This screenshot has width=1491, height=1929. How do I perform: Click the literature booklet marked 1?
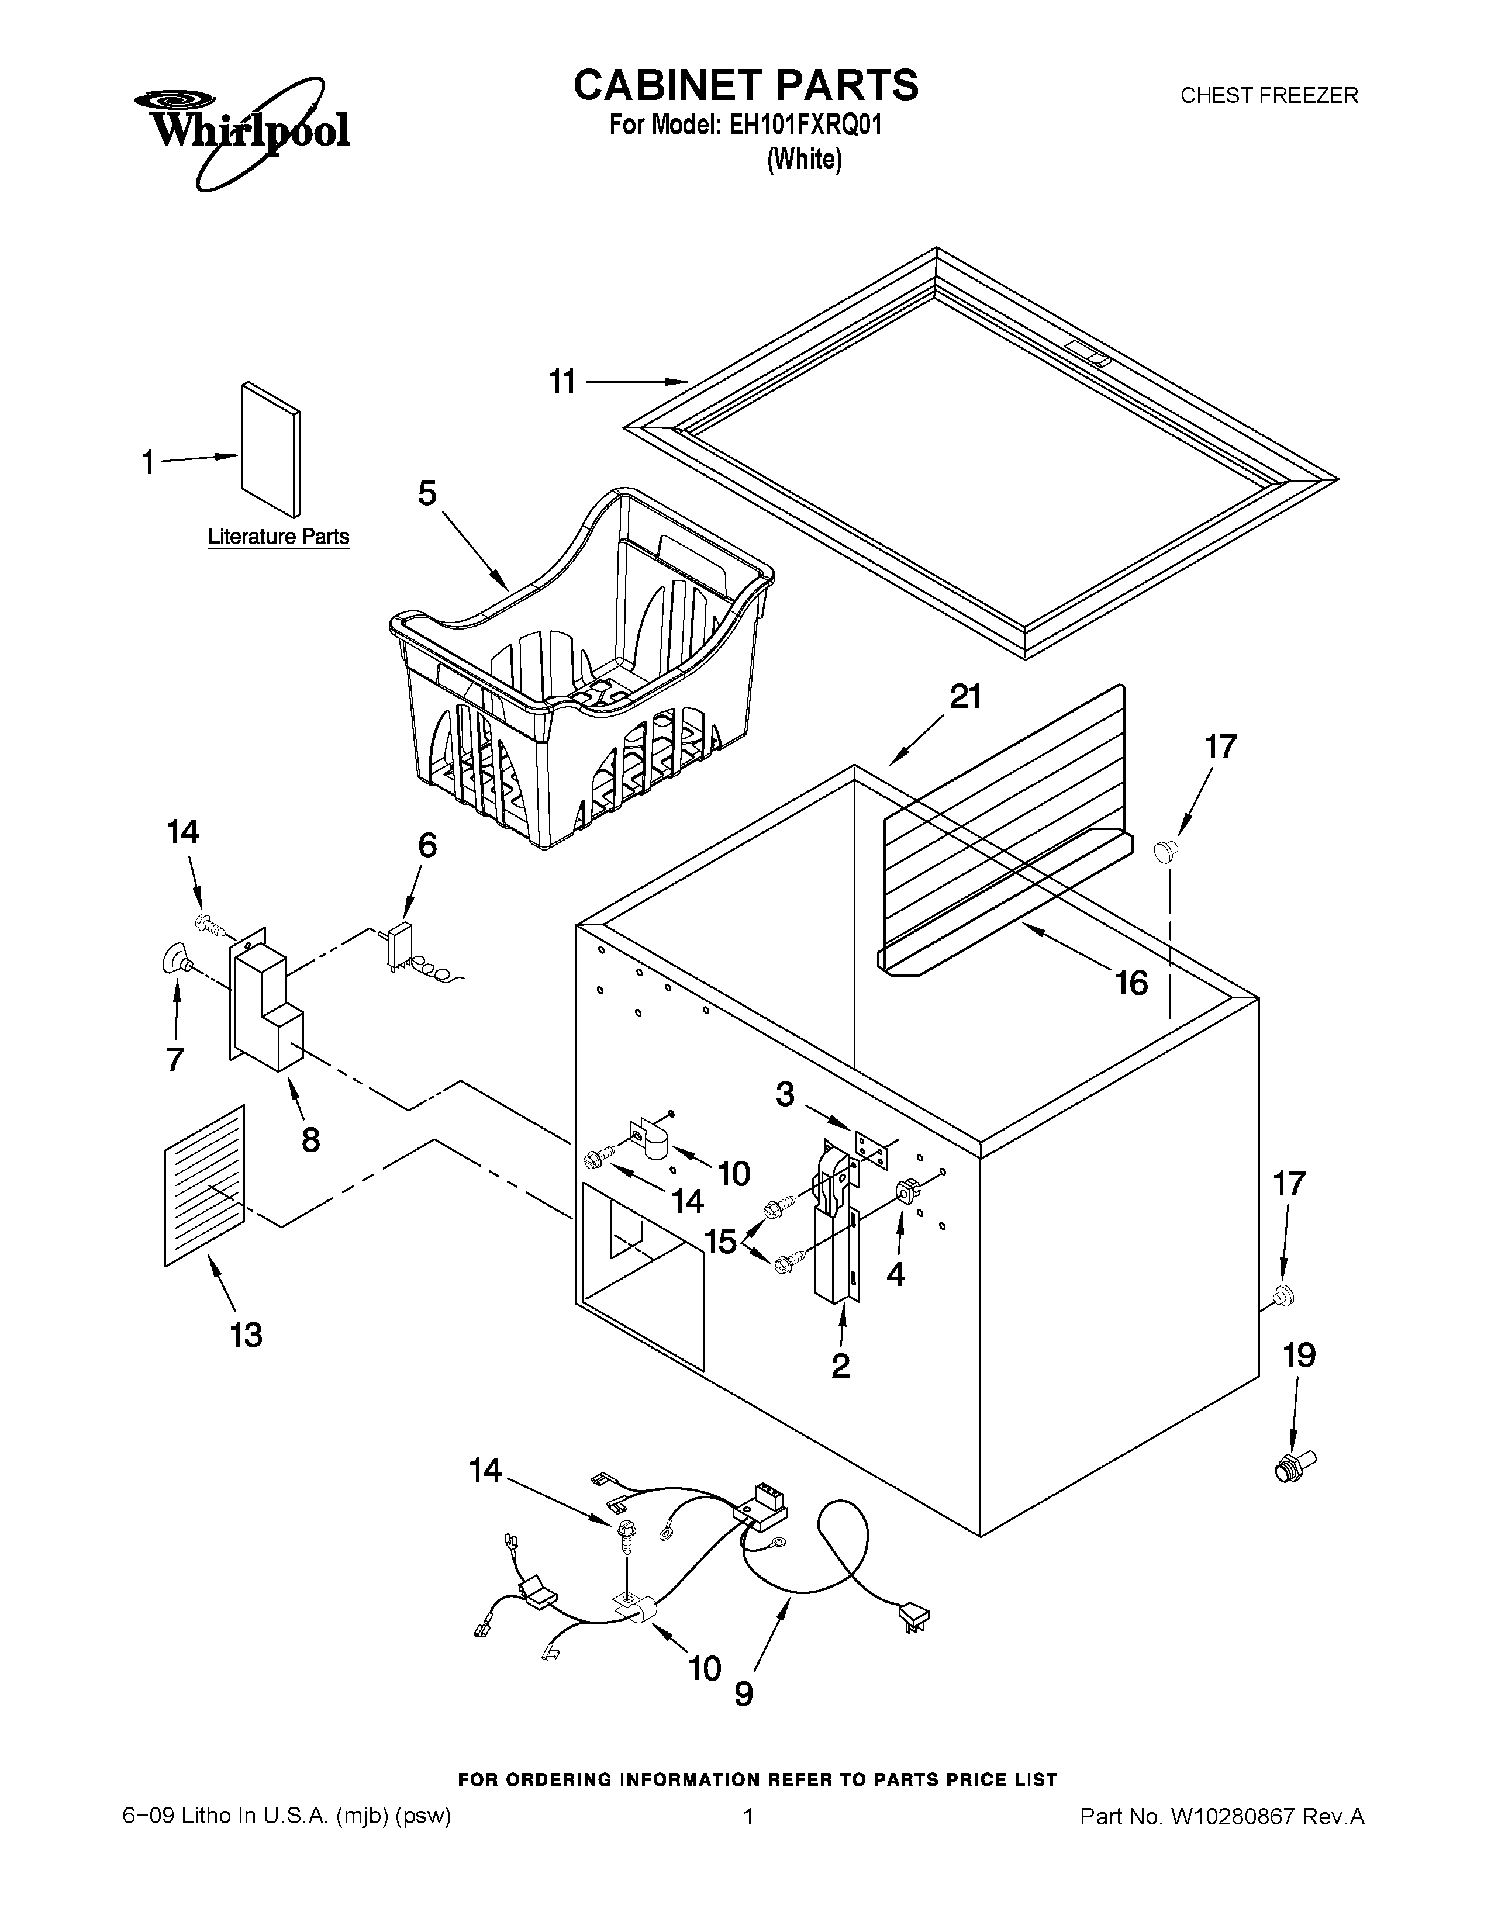(x=270, y=449)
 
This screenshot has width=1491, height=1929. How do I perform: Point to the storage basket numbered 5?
(x=583, y=671)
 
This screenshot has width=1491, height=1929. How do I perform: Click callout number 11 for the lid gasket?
(x=562, y=382)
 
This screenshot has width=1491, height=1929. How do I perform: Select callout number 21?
(x=965, y=698)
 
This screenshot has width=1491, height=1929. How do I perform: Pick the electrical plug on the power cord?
(x=913, y=1616)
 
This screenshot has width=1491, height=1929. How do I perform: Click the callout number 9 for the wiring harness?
(x=744, y=1694)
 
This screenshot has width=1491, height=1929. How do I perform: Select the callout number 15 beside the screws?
(x=721, y=1241)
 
